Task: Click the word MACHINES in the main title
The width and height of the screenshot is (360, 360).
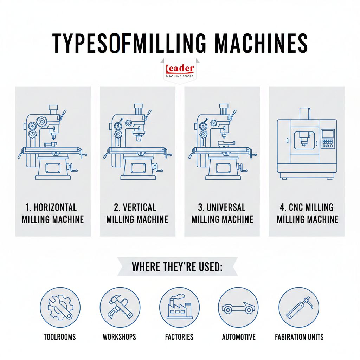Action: (261, 43)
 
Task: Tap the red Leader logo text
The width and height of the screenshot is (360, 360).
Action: (180, 69)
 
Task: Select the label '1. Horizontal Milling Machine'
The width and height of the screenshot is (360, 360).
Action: (53, 213)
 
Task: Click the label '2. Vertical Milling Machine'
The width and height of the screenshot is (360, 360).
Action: (137, 213)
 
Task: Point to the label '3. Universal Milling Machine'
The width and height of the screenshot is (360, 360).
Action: (222, 213)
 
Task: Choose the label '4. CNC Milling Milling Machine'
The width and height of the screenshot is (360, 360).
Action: (307, 213)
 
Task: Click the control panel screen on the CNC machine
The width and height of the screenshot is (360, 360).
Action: (327, 134)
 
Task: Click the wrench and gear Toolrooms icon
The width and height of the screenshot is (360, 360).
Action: (60, 307)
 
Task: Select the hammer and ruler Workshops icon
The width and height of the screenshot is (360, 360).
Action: (120, 307)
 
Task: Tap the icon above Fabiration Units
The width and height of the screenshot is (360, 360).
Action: (299, 307)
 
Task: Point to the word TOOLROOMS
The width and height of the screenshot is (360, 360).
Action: (60, 337)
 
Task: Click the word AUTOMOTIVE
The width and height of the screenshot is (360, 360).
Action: (239, 337)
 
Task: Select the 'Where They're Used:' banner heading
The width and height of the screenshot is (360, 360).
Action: (177, 267)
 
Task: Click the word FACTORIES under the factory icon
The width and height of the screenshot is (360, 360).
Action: (179, 337)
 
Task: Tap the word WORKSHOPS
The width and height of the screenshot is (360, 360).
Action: (120, 337)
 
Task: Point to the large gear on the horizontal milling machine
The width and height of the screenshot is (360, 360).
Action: (42, 121)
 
